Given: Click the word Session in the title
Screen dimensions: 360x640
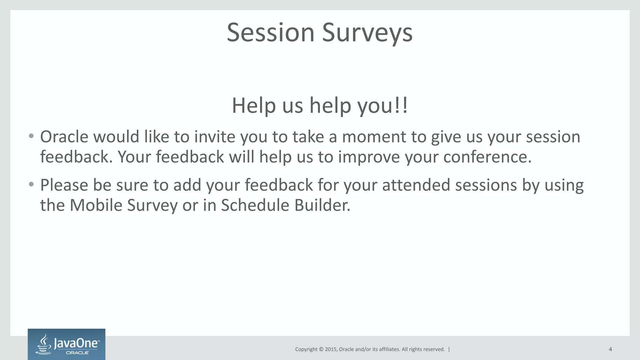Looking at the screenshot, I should point(270,32).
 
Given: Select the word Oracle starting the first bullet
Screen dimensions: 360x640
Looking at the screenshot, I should point(64,137).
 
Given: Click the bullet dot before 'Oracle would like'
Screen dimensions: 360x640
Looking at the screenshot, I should point(31,136).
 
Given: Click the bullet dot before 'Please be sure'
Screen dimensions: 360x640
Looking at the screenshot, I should point(31,185).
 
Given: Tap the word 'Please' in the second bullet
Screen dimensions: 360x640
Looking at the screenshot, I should point(64,185).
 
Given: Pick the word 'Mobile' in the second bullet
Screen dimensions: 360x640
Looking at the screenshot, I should point(96,205).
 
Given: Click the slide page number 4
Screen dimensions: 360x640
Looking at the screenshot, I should point(610,349).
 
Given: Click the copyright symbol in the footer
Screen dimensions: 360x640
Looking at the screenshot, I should point(321,349).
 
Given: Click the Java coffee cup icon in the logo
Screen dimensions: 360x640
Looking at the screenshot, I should point(44,344).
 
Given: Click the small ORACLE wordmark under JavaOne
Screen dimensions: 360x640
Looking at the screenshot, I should point(77,353).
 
